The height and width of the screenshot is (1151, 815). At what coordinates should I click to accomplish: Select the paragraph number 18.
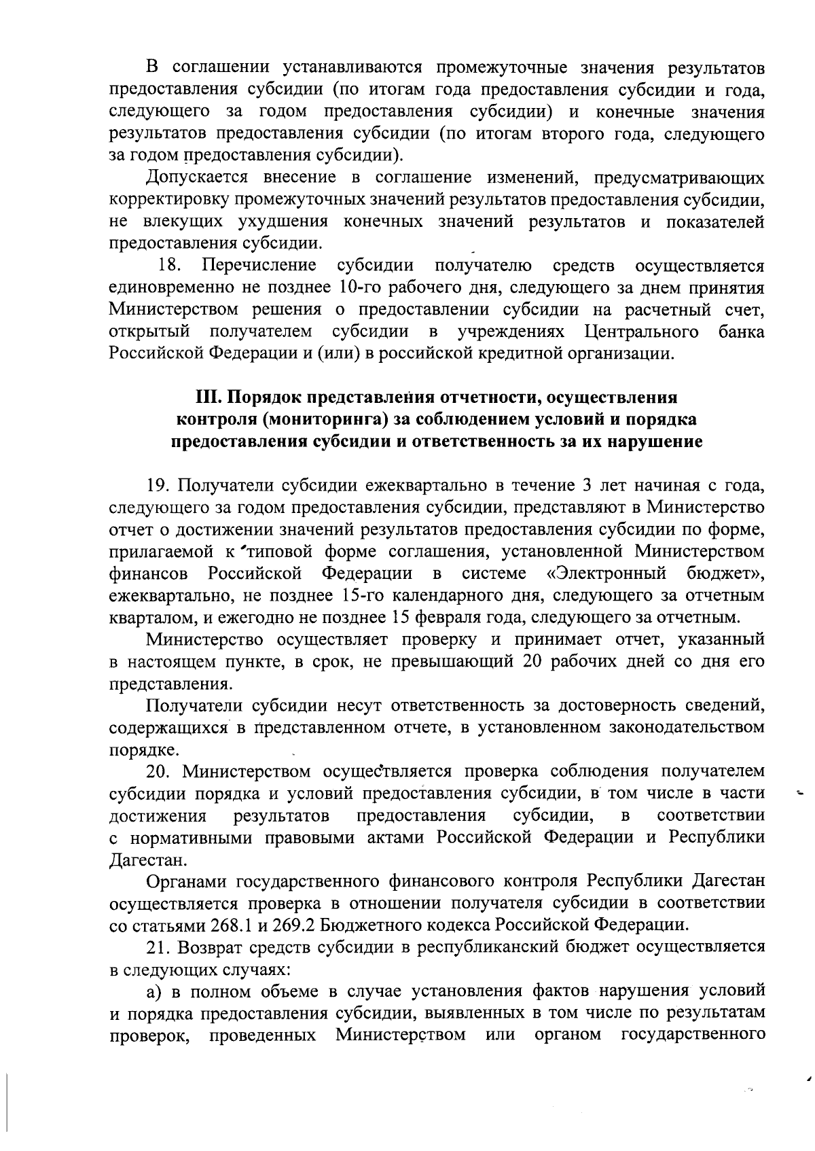click(168, 266)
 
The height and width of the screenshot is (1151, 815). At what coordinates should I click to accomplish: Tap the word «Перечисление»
click(259, 266)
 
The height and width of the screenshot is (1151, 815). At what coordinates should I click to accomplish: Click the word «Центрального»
click(641, 332)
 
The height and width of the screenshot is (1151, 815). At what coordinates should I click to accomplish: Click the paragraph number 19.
click(158, 486)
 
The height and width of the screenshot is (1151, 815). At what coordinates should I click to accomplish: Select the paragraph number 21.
click(158, 947)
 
